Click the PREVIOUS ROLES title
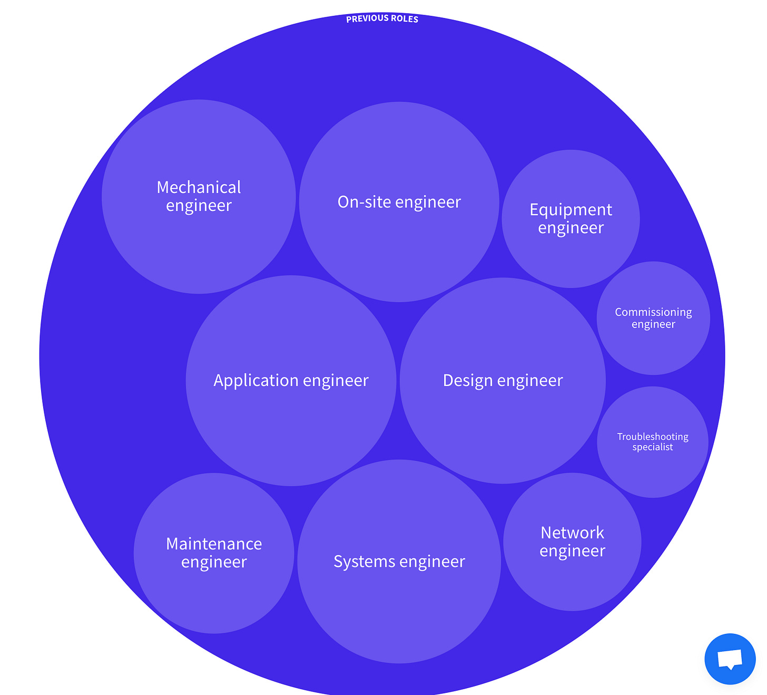pyautogui.click(x=382, y=19)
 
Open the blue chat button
pyautogui.click(x=730, y=659)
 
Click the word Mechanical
pyautogui.click(x=199, y=188)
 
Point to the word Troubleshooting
pyautogui.click(x=653, y=437)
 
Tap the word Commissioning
pyautogui.click(x=653, y=312)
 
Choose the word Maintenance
pyautogui.click(x=214, y=544)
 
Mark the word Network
pyautogui.click(x=572, y=533)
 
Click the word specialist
pyautogui.click(x=653, y=447)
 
